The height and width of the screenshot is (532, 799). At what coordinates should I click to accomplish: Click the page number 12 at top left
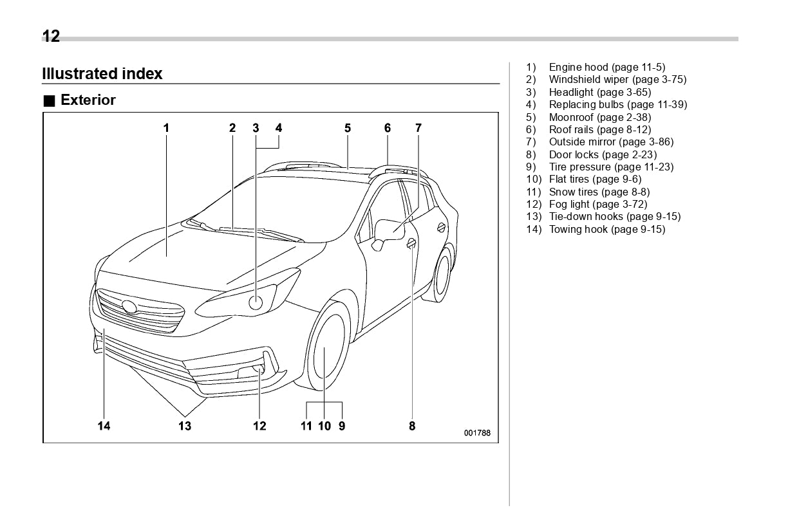pos(51,36)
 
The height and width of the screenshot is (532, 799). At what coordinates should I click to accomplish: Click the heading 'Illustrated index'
pos(102,74)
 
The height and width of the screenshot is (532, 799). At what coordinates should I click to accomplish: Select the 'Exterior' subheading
pos(88,100)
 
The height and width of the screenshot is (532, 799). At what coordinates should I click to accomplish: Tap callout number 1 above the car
pos(166,128)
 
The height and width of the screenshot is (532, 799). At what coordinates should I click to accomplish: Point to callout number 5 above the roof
pos(348,128)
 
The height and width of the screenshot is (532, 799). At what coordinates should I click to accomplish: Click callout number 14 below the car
pos(104,426)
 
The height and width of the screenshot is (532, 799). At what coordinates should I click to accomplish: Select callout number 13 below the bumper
pos(185,426)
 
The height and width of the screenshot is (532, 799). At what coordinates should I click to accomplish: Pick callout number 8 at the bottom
pos(412,426)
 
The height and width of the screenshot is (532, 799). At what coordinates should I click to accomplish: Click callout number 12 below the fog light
pos(259,426)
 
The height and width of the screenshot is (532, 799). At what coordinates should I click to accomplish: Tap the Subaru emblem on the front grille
pos(129,307)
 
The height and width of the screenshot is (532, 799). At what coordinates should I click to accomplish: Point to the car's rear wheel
pos(442,275)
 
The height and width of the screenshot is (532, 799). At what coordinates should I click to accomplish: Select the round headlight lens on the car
pos(256,303)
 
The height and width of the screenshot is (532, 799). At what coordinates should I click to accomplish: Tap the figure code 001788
pos(477,433)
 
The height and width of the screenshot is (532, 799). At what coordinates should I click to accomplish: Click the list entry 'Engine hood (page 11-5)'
pos(606,68)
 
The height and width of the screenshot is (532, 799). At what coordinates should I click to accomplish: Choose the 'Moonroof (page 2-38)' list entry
pos(599,117)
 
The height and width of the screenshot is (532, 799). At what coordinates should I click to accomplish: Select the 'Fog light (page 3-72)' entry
pos(597,205)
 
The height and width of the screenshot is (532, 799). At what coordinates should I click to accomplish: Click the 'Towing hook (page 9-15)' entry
pos(606,230)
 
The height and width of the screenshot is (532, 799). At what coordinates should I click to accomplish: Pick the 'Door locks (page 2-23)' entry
pos(603,154)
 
